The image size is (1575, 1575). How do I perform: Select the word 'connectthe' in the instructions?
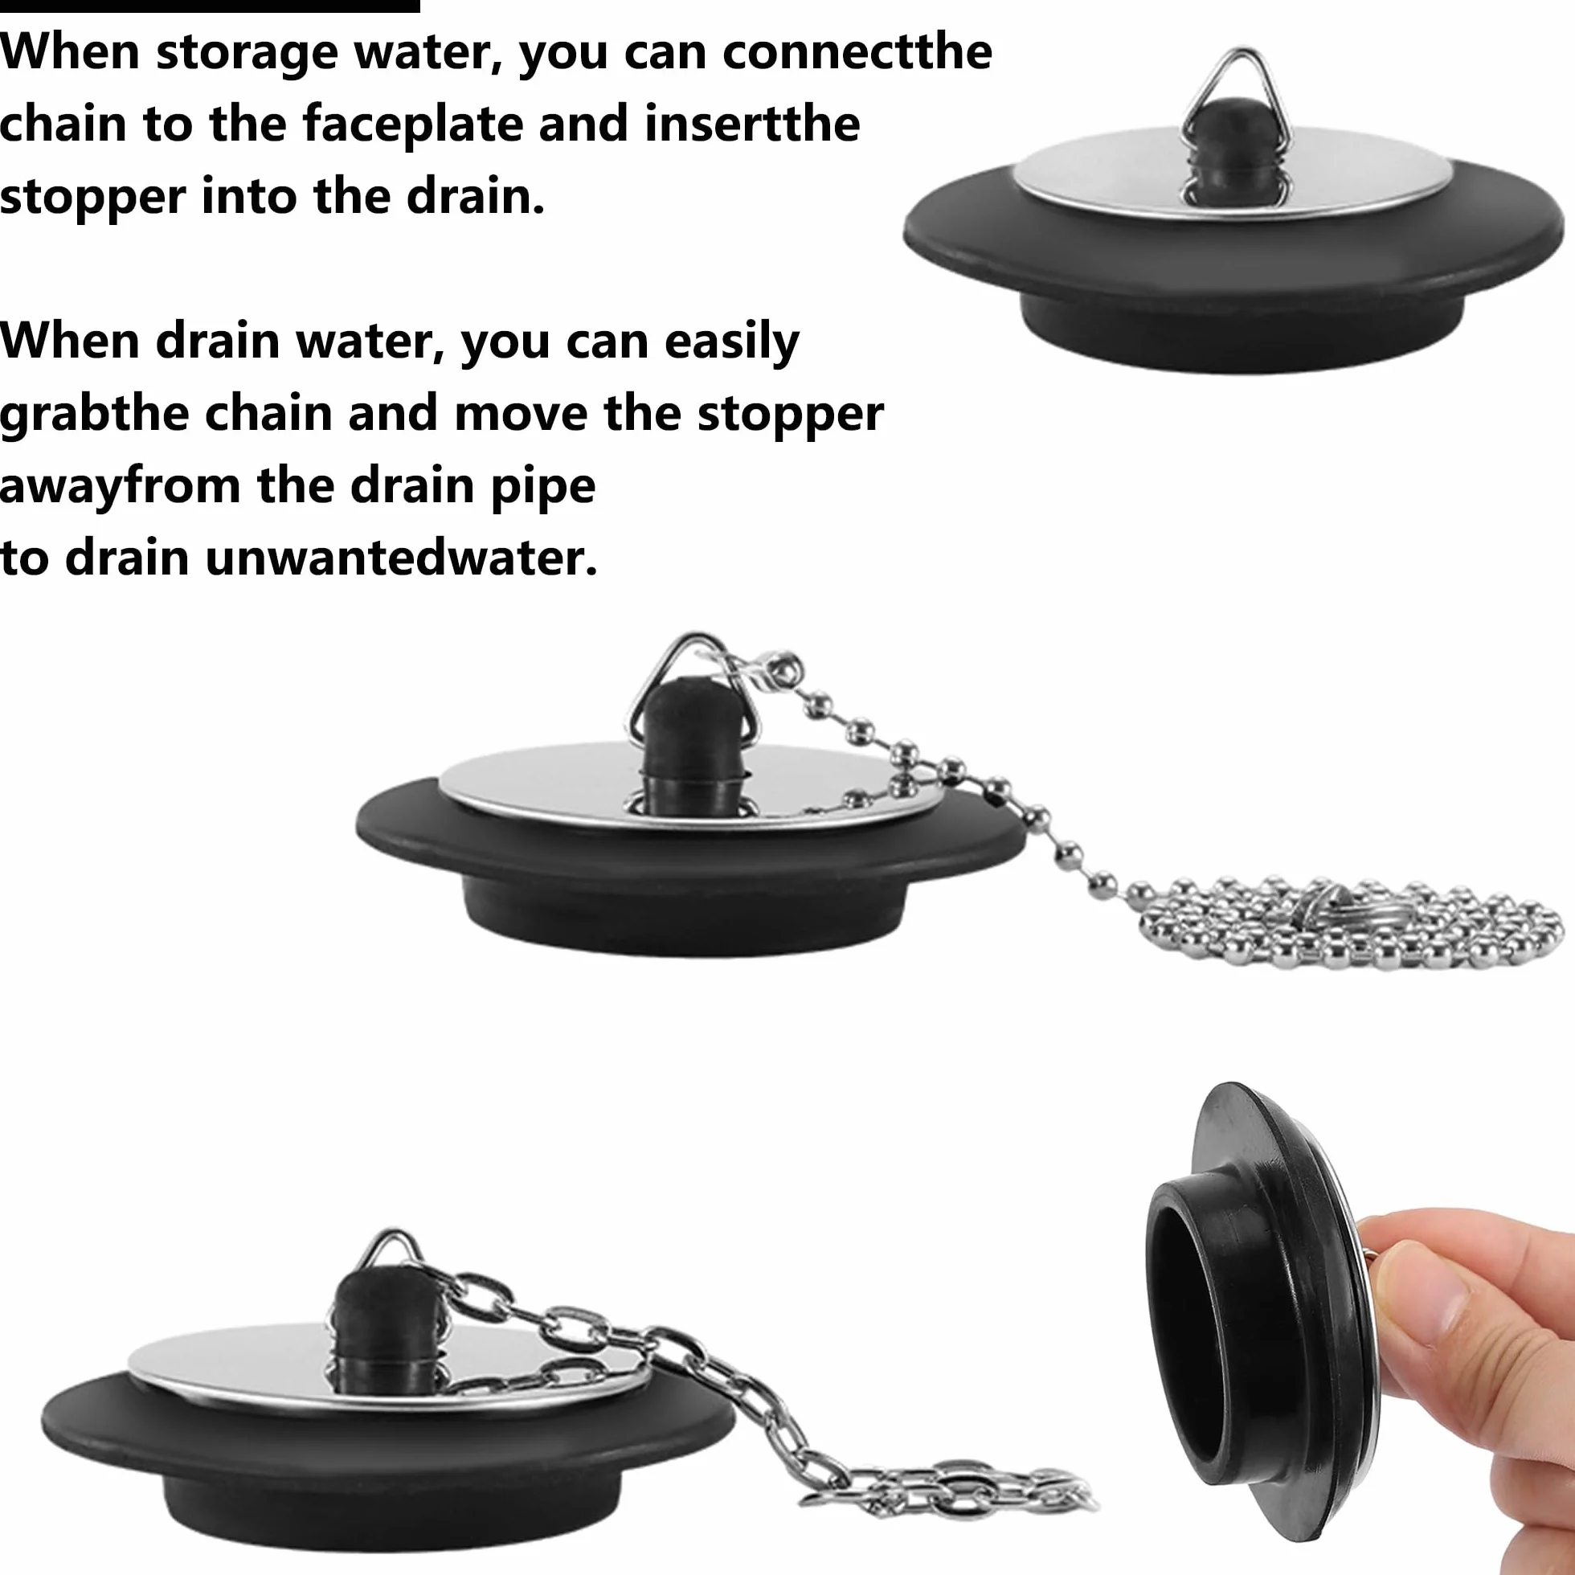[857, 51]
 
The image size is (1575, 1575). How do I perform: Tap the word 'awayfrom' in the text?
[120, 487]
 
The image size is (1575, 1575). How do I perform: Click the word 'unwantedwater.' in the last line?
[401, 558]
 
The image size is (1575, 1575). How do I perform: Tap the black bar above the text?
[210, 6]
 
